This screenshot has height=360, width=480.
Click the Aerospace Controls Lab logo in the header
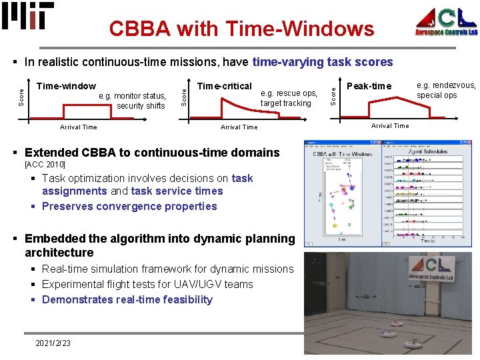[446, 22]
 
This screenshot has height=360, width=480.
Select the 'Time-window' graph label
[66, 86]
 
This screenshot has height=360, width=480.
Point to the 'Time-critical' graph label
[225, 86]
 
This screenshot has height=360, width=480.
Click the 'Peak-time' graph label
[370, 86]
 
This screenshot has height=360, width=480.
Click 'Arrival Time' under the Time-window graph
[78, 127]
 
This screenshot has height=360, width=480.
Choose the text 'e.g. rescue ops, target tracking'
[289, 98]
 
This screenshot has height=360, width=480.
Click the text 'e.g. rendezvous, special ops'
[446, 90]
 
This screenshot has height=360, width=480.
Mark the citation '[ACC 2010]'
[45, 164]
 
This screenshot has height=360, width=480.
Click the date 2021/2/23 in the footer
[53, 343]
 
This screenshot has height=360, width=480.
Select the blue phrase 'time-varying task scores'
[323, 62]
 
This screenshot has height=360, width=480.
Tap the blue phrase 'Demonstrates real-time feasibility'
[127, 299]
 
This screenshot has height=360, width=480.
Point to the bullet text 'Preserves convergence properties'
[129, 206]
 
